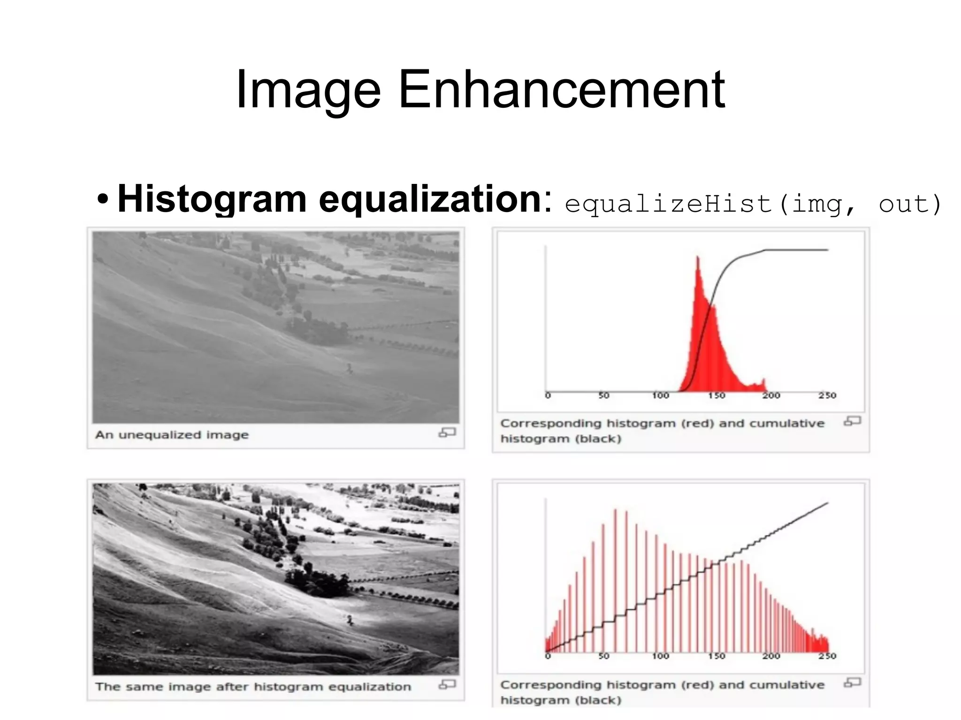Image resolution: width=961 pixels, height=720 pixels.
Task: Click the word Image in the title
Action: click(308, 89)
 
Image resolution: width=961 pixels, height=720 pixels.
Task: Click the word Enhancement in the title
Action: click(562, 89)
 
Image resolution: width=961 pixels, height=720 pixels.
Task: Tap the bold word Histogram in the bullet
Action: click(212, 199)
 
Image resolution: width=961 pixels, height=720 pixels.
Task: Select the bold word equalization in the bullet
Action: click(430, 199)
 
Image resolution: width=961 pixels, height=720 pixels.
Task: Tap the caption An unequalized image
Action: click(172, 435)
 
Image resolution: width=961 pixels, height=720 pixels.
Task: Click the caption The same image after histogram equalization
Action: click(253, 687)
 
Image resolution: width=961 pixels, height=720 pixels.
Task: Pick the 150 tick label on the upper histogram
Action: click(717, 395)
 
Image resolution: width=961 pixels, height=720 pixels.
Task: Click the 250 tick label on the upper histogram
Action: click(827, 395)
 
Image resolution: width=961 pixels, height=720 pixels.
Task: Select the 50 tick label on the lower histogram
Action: click(604, 656)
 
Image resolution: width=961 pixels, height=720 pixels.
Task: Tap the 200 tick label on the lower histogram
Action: click(771, 656)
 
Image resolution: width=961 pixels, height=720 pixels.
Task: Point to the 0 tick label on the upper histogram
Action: click(548, 395)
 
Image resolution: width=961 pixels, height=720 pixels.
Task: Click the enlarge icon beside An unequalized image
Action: click(447, 432)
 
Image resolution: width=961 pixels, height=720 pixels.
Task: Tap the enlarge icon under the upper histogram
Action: click(852, 421)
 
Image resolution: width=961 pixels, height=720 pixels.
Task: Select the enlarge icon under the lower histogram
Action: click(852, 682)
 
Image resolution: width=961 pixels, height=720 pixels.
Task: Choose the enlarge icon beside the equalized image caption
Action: click(447, 685)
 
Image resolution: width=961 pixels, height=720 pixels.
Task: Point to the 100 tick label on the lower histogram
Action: click(660, 656)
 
